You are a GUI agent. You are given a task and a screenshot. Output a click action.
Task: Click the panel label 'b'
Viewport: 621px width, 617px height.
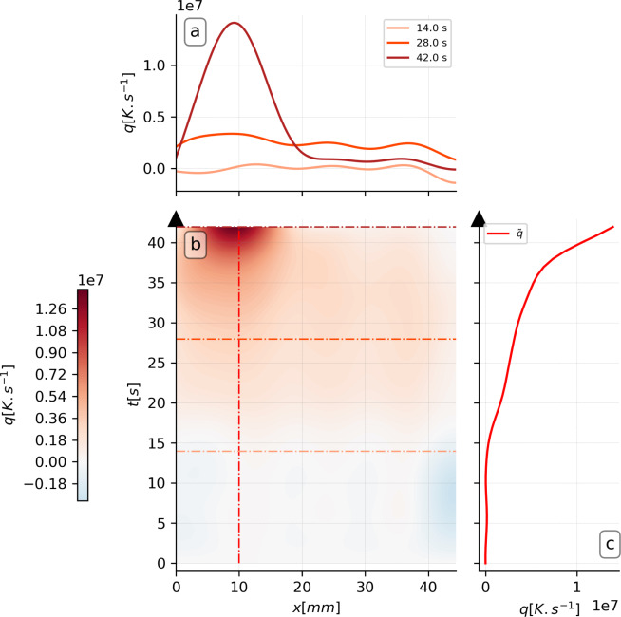pos(195,245)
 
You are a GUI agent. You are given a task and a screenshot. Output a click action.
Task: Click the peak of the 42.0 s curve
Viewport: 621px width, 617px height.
pos(235,23)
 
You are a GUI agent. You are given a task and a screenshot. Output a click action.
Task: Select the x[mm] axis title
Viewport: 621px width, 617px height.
pos(316,605)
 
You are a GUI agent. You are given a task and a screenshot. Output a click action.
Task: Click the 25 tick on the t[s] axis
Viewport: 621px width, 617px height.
pos(161,363)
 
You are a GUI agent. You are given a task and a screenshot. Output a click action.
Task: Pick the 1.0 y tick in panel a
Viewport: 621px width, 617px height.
pos(155,65)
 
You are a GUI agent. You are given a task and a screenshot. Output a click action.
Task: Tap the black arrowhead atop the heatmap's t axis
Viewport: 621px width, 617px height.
pos(177,218)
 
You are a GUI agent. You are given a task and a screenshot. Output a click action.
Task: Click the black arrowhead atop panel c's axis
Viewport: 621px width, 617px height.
pos(479,218)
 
